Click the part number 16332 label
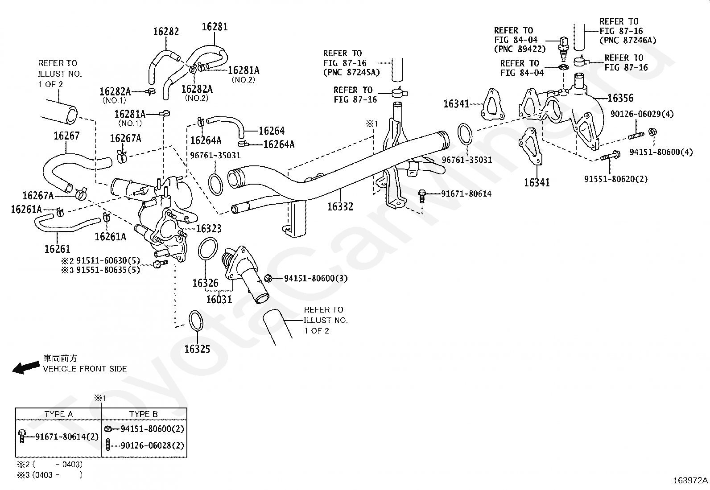coord(340,206)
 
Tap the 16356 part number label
coord(620,98)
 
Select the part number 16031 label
coord(219,300)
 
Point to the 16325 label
coord(197,349)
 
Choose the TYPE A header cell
coord(58,414)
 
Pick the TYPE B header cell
coord(144,414)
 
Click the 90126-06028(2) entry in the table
coord(153,445)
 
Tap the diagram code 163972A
coord(690,481)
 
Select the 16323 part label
coord(209,229)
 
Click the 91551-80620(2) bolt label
coord(616,179)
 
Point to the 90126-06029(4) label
coord(642,114)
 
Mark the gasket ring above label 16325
coord(196,321)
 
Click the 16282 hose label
coord(166,32)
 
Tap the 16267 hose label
coord(66,136)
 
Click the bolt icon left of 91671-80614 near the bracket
coord(422,196)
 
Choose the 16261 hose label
coord(57,249)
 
